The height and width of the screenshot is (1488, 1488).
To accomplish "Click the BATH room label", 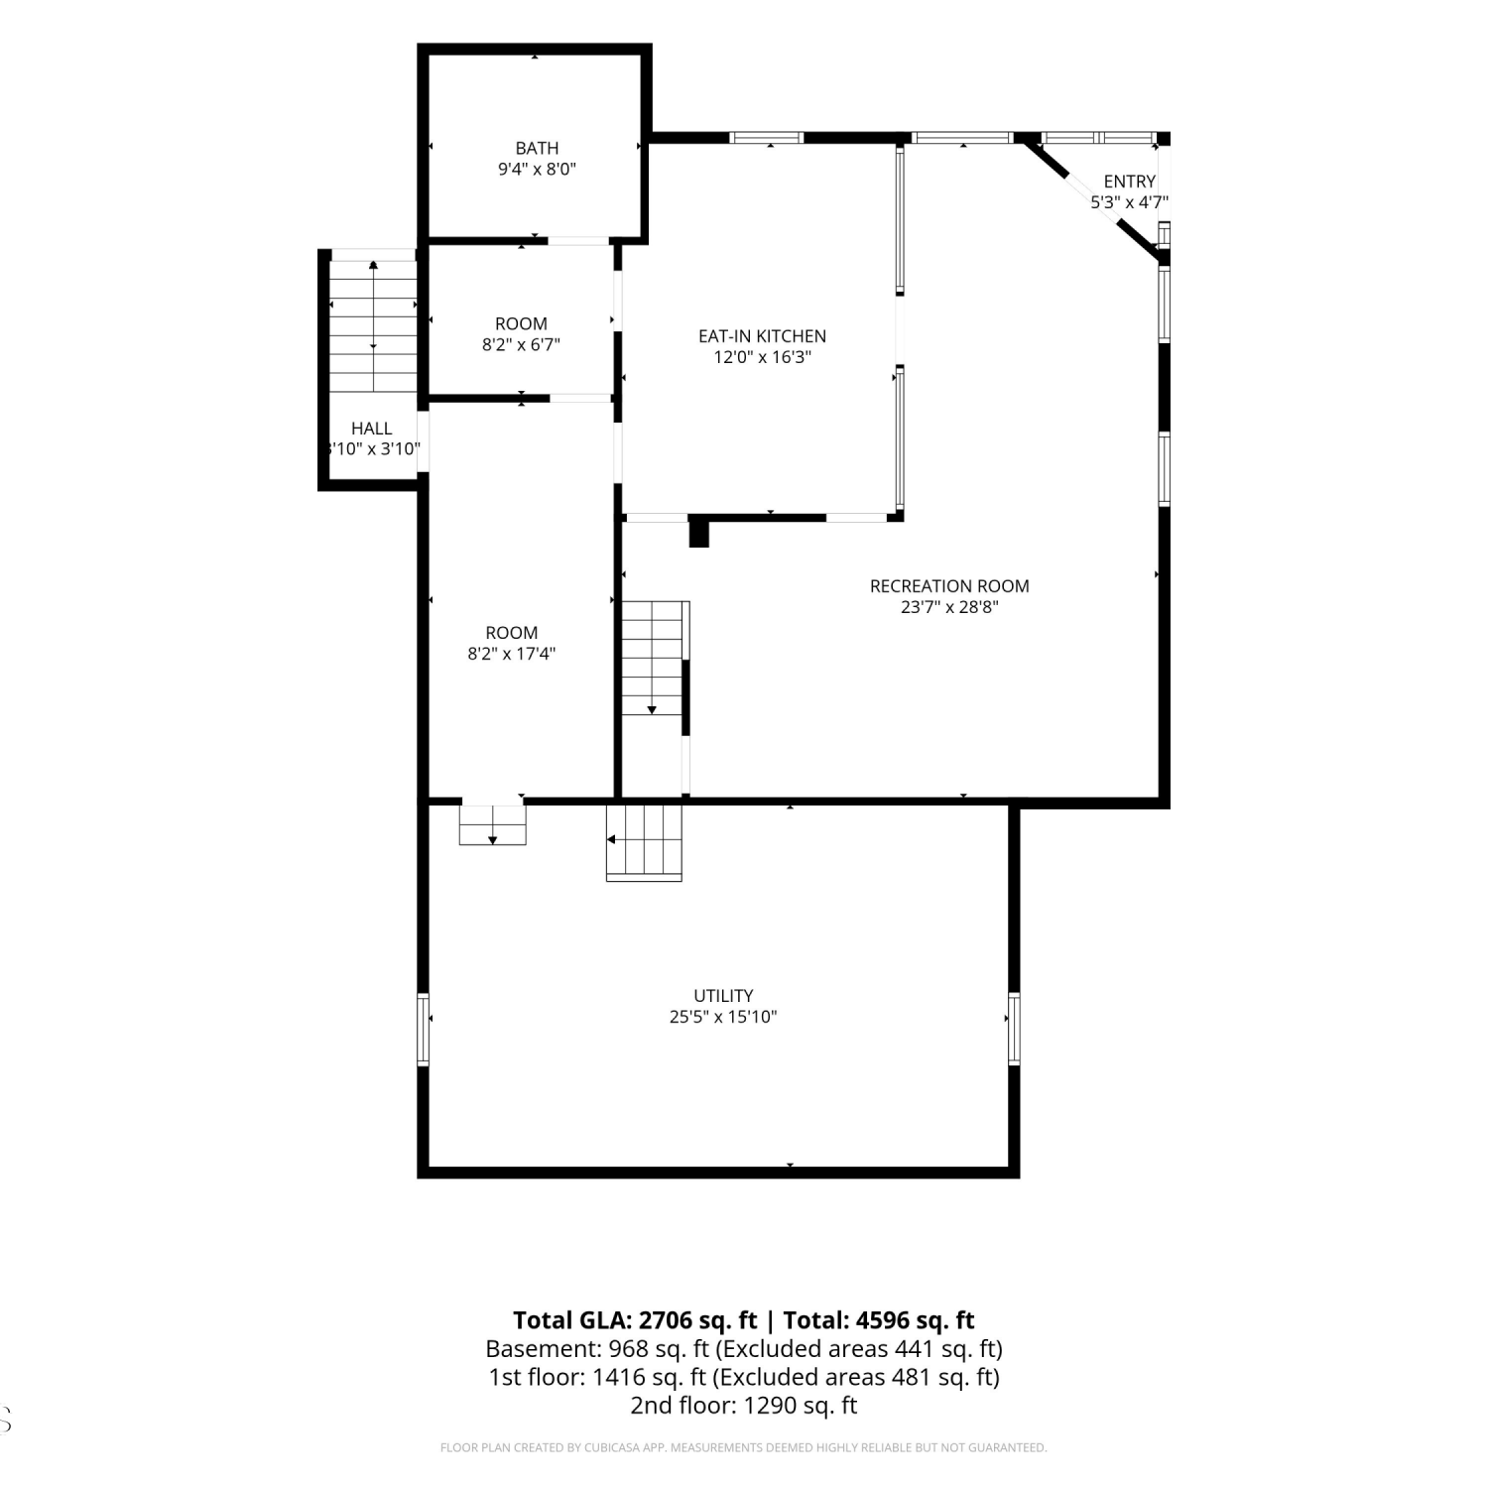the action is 537,148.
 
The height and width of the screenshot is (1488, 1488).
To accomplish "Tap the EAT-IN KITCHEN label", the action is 762,336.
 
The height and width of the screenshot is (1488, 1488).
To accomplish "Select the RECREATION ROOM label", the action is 949,585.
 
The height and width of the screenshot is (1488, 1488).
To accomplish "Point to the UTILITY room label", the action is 723,995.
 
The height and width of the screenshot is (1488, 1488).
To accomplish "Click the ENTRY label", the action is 1129,182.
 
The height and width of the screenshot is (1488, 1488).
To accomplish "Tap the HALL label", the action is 371,429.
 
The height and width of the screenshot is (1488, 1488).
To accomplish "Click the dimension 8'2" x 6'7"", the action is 521,345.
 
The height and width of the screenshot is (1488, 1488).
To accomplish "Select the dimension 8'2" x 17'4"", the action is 512,654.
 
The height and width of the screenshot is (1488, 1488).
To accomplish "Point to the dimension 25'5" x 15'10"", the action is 723,1017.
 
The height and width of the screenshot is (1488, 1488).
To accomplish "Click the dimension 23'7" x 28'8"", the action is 949,607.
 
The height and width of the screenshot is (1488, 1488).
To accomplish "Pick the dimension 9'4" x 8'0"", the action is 537,170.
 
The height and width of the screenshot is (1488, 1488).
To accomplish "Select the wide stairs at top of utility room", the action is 645,841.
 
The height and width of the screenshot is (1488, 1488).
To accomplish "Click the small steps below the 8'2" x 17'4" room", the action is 492,824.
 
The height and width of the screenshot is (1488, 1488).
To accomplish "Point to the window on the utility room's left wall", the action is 423,1029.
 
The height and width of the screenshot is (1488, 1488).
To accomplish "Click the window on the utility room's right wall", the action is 1014,1029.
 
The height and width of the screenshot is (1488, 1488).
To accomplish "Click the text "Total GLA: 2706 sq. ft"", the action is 635,1320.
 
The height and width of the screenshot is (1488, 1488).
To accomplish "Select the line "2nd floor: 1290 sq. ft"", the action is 744,1406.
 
